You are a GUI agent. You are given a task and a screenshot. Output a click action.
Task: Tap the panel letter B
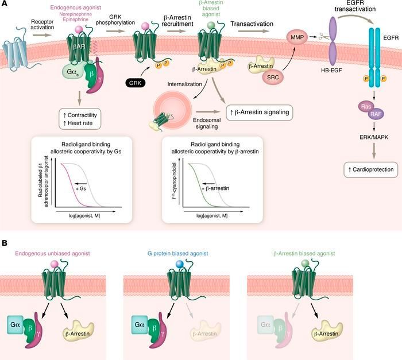coord(6,243)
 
